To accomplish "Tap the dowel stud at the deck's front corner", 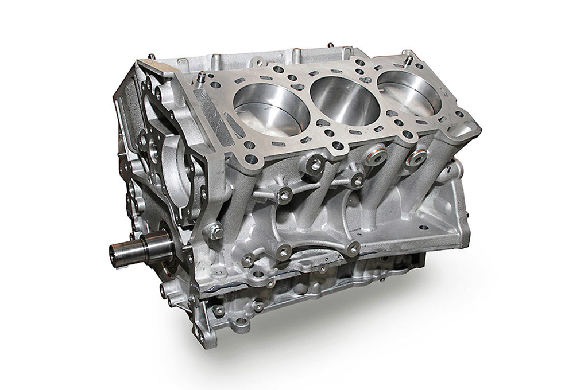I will click(x=203, y=78).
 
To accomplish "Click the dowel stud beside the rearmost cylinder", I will click(x=409, y=58).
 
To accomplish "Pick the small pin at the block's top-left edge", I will click(x=151, y=56).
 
